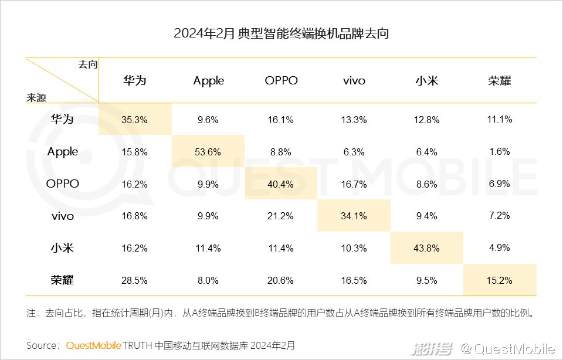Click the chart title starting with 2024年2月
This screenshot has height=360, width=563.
coord(281,33)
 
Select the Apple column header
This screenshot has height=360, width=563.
coord(208,81)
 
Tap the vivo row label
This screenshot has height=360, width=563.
coord(63,216)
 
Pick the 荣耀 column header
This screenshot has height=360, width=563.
coord(499,81)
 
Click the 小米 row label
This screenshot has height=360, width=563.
coord(63,248)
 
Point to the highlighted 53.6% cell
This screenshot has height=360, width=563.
coord(208,152)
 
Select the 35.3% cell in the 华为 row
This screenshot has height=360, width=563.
coord(135,120)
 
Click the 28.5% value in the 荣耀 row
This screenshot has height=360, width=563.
coord(135,280)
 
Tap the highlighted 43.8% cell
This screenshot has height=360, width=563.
coord(426,248)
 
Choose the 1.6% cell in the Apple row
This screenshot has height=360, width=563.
coord(499,152)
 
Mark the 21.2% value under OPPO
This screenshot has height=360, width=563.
coord(281,216)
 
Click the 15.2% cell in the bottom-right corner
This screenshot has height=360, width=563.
coord(499,280)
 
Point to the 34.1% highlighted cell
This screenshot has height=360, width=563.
coord(354,216)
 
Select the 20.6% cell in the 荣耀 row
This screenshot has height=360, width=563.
coord(281,280)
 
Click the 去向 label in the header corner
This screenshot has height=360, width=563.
coord(88,64)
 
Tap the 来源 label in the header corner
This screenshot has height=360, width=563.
coord(36,97)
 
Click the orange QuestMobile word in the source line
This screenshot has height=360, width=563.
coord(93,345)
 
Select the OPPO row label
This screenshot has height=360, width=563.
coord(63,184)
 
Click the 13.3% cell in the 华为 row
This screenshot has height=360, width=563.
coord(354,120)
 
